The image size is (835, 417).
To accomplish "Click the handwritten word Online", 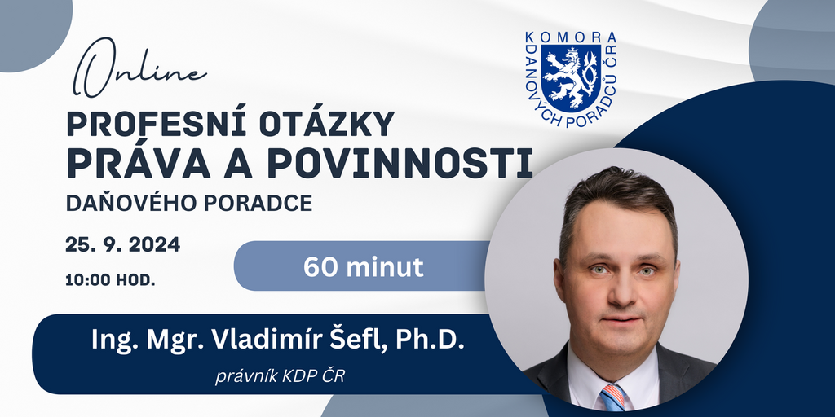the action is pyautogui.click(x=139, y=68).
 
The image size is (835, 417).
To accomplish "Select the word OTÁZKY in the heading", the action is pyautogui.click(x=327, y=124).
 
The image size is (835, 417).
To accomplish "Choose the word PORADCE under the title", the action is pyautogui.click(x=250, y=204).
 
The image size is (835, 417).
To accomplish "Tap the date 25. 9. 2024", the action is pyautogui.click(x=123, y=244).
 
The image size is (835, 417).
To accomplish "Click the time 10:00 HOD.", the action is pyautogui.click(x=111, y=280).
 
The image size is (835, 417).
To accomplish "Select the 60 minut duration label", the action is pyautogui.click(x=364, y=267).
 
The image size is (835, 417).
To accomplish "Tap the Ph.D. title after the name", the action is pyautogui.click(x=430, y=340).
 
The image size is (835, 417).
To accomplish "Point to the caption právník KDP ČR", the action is pyautogui.click(x=281, y=376).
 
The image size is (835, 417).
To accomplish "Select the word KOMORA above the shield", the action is pyautogui.click(x=571, y=37).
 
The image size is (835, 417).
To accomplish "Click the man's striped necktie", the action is pyautogui.click(x=613, y=397).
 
